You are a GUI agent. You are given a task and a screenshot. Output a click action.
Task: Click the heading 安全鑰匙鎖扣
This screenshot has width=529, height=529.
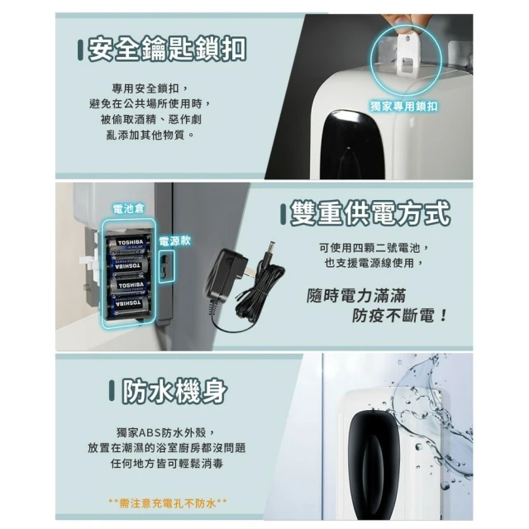tap(167, 49)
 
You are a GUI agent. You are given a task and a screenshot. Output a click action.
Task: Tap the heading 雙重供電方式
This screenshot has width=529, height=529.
tap(370, 212)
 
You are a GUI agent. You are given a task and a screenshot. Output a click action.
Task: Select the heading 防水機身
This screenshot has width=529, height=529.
tap(174, 391)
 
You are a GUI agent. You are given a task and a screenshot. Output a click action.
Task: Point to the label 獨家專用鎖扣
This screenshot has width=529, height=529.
tap(404, 107)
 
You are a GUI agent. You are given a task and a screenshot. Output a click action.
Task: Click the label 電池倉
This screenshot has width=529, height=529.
tap(128, 209)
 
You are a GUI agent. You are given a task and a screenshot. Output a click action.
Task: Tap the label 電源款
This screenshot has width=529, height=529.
tap(174, 241)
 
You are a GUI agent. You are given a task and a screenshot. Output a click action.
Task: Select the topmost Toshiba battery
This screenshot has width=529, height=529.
tap(128, 245)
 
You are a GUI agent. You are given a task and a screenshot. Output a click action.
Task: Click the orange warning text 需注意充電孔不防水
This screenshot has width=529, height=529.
tap(168, 503)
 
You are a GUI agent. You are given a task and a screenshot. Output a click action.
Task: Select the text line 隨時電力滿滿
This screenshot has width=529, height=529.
tap(356, 296)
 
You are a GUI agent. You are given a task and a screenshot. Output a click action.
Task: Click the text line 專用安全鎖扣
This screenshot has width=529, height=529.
tap(150, 88)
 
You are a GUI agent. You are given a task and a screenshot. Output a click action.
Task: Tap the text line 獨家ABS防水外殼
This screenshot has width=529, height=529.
tap(165, 432)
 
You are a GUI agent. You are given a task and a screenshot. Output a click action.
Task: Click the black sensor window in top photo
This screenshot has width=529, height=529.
tap(352, 145)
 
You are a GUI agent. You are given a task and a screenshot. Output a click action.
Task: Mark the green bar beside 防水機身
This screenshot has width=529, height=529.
tap(112, 391)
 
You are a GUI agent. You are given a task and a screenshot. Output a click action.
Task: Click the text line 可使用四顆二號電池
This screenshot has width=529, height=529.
tap(374, 248)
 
